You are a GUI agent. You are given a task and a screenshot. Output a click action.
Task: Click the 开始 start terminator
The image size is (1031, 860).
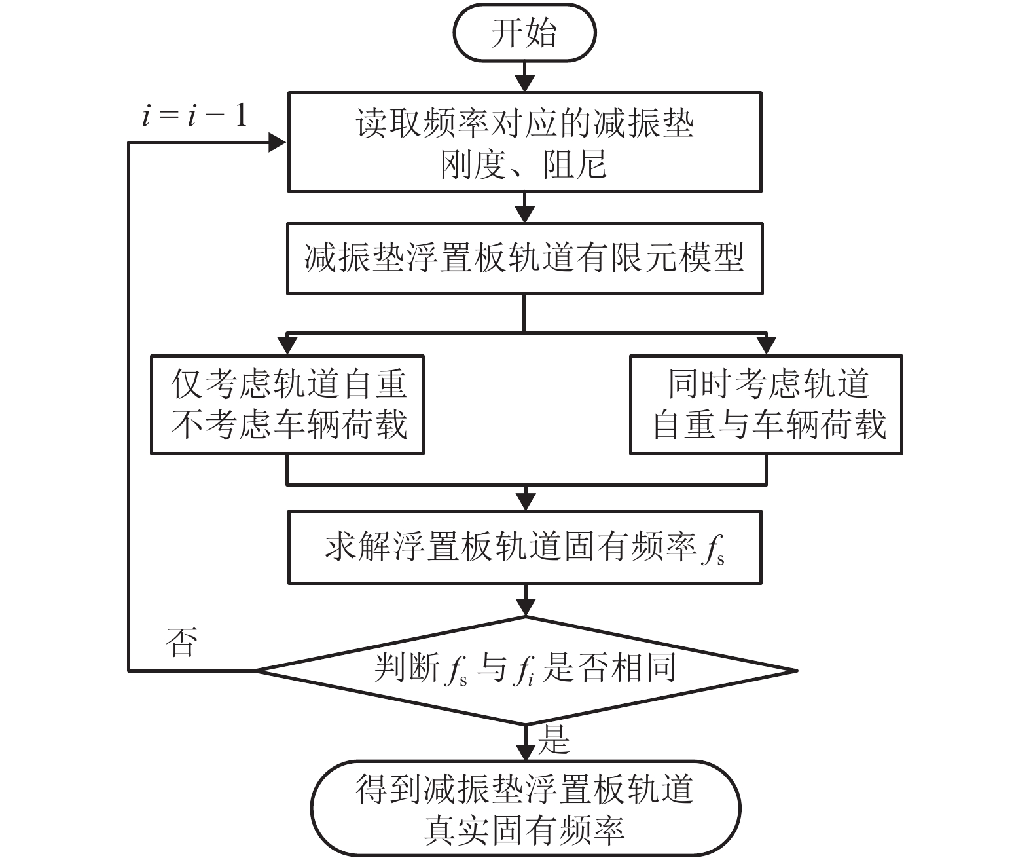pyautogui.click(x=524, y=33)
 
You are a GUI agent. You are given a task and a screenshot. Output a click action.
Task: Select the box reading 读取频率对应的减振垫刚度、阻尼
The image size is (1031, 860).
pyautogui.click(x=524, y=142)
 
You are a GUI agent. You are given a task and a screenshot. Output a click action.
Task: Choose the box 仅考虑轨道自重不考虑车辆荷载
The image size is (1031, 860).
pyautogui.click(x=287, y=404)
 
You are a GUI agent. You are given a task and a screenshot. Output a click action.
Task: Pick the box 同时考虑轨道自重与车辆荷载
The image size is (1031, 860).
pyautogui.click(x=766, y=404)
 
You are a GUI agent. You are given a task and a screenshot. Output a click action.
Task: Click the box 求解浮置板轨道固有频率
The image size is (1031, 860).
pyautogui.click(x=524, y=547)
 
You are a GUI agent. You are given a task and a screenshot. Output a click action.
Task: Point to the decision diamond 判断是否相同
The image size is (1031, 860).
pyautogui.click(x=524, y=670)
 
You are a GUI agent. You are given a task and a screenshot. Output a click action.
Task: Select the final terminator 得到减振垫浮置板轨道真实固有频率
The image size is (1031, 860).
pyautogui.click(x=524, y=808)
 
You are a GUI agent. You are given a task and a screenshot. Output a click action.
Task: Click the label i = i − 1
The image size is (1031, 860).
pyautogui.click(x=194, y=117)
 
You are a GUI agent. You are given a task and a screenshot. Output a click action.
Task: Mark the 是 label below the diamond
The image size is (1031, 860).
pyautogui.click(x=554, y=740)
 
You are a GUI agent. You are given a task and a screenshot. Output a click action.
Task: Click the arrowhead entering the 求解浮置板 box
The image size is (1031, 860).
pyautogui.click(x=525, y=502)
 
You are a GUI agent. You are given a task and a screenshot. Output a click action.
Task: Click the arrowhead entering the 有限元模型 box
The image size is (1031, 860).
pyautogui.click(x=525, y=214)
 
